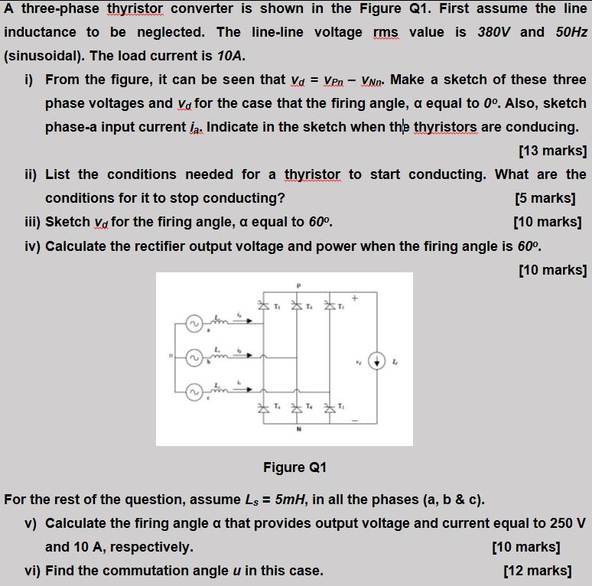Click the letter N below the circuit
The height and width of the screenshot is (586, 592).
[298, 429]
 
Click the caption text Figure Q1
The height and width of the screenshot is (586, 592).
[295, 467]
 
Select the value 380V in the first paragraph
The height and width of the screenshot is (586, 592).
[491, 32]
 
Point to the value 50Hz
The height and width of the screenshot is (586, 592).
[568, 32]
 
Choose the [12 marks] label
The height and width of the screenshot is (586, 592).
[538, 570]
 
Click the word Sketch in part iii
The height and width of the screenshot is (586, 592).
[67, 223]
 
